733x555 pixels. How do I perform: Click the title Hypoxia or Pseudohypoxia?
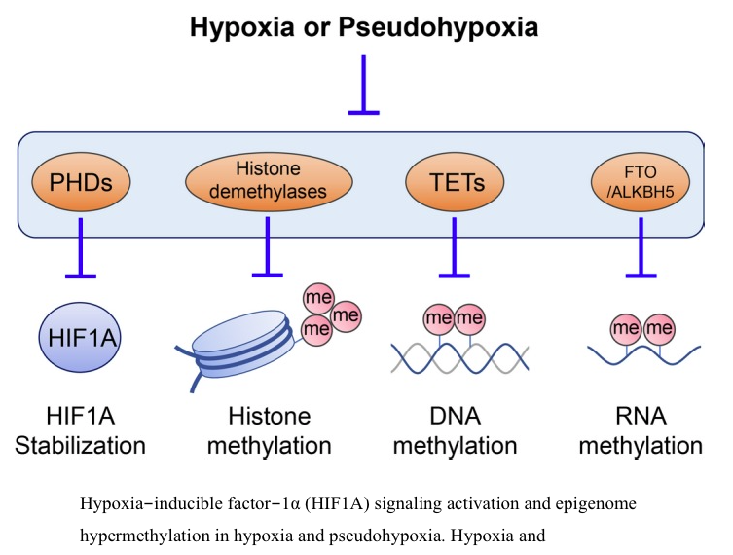(363, 26)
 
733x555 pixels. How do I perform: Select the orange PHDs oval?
(80, 182)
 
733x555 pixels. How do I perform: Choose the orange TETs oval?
(454, 182)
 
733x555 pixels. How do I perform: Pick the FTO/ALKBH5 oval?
(640, 182)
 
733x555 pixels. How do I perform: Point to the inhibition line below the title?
(363, 88)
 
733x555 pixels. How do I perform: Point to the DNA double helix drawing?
(458, 357)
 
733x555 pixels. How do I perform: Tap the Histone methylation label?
(270, 431)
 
